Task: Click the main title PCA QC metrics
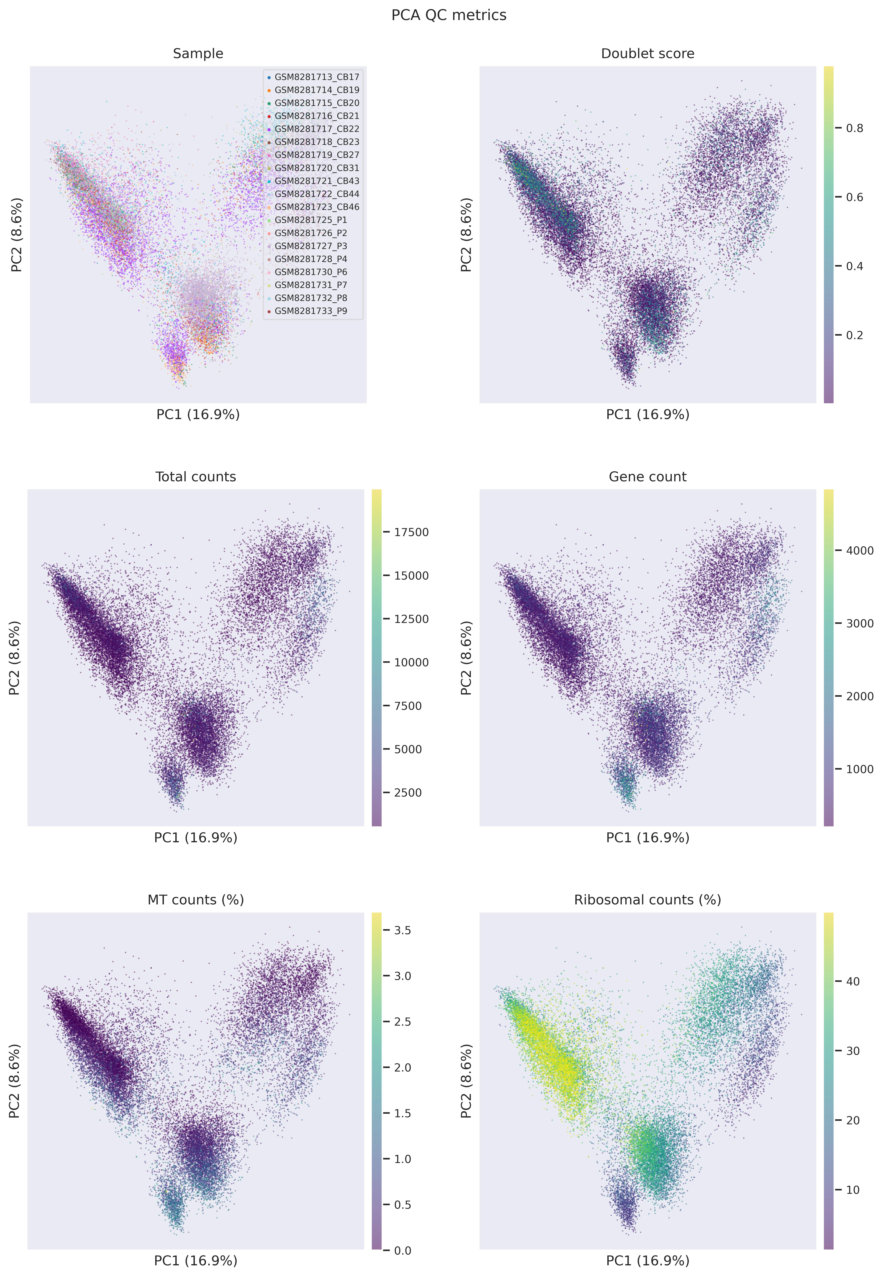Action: click(449, 15)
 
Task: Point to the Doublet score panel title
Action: click(647, 54)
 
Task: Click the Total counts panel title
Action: click(196, 477)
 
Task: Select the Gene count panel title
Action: click(647, 477)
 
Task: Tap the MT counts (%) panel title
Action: click(196, 900)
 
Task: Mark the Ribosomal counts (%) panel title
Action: click(647, 900)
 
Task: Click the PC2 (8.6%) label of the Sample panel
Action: click(17, 235)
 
